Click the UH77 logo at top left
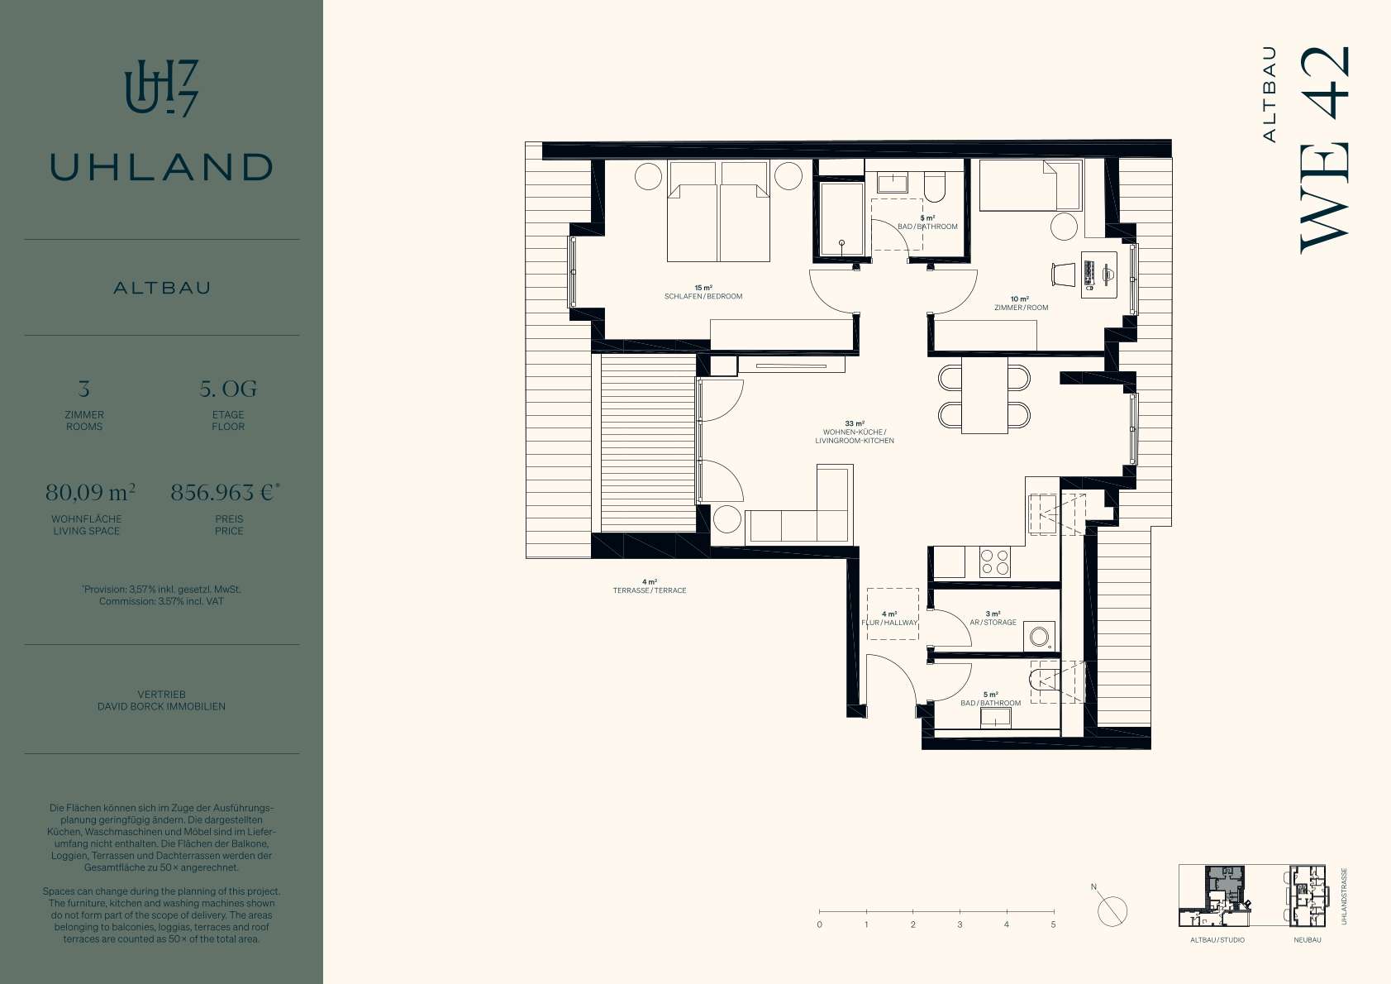(x=161, y=88)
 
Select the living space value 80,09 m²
(x=91, y=493)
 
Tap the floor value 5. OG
(x=228, y=389)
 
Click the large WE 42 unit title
(x=1325, y=150)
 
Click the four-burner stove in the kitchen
(x=994, y=562)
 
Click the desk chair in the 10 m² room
(x=1063, y=275)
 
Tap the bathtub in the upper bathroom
(x=841, y=218)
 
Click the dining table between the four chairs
(x=984, y=395)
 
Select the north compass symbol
(x=1112, y=911)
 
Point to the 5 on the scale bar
(x=1053, y=924)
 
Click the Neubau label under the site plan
(x=1308, y=940)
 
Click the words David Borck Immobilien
(x=161, y=706)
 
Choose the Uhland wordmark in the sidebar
(x=161, y=167)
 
